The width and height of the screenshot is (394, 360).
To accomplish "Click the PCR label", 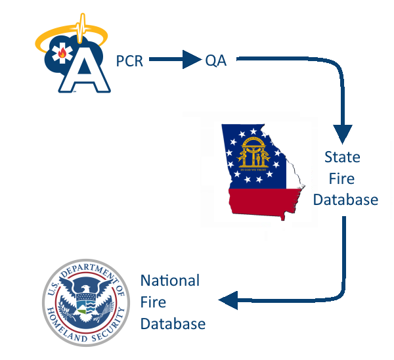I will (129, 62).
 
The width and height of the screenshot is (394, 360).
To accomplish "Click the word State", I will (342, 158).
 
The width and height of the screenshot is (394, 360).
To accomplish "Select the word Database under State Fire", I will (345, 199).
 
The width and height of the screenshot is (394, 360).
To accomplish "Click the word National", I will (169, 281).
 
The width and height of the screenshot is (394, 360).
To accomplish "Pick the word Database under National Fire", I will (173, 324).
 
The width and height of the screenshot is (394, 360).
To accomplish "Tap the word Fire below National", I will (153, 302).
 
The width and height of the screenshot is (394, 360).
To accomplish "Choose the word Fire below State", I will (342, 179).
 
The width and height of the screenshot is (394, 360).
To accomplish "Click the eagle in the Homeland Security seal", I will (85, 300).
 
